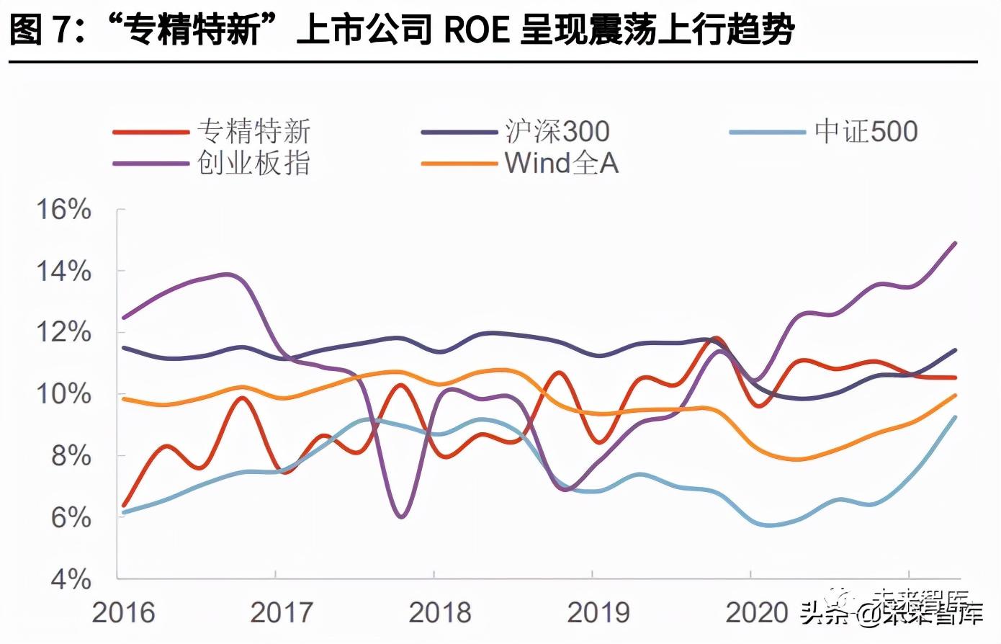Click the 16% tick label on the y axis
coord(64,210)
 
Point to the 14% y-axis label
coord(64,272)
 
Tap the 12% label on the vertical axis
coord(64,333)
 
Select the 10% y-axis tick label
coord(64,395)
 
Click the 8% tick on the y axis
coord(71,456)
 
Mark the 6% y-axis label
coord(71,518)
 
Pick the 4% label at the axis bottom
coord(71,579)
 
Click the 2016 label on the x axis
coord(123,612)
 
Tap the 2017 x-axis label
coord(282,612)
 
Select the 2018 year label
coord(440,612)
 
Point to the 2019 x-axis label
coord(598,612)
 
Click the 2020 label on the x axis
coord(757,612)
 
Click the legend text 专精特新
coord(253,132)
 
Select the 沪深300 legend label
coord(557,132)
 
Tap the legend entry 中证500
coord(866,132)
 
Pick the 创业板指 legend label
coord(253,164)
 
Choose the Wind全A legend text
coord(562,164)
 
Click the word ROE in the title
coord(475,30)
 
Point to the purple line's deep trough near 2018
coord(401,516)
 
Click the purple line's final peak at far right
coord(955,243)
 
